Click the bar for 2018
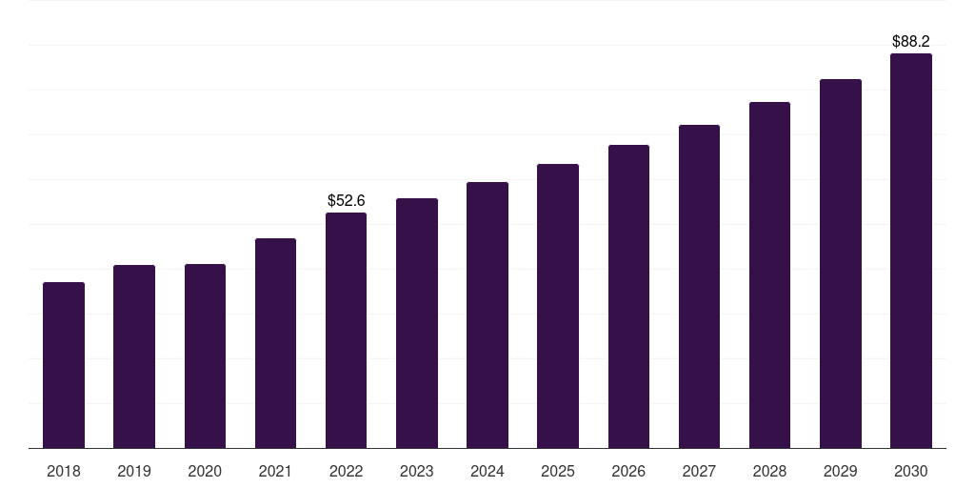(64, 365)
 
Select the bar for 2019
(134, 356)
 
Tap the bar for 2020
(205, 356)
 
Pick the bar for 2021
(275, 343)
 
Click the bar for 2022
(346, 331)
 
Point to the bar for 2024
(487, 315)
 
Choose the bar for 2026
(628, 296)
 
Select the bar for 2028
(769, 275)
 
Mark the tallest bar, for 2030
(911, 251)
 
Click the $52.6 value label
(346, 201)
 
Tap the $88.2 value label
(911, 42)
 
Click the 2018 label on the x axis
(64, 471)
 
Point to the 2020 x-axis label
(205, 471)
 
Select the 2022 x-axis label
(346, 471)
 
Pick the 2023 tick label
(417, 471)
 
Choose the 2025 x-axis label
(558, 471)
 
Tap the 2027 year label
(699, 471)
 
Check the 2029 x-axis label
(841, 471)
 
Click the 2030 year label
(911, 471)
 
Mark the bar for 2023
(417, 323)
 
